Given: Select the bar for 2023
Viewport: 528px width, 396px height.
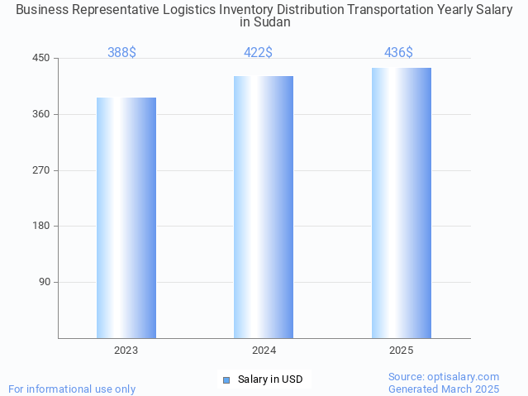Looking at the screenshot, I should [126, 217].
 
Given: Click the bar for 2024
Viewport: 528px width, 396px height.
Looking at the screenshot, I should [264, 207].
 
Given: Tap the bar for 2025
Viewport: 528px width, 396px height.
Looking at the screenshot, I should [401, 203].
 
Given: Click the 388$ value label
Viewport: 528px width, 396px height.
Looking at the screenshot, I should [121, 52].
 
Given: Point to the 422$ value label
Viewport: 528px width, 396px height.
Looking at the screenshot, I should [258, 52].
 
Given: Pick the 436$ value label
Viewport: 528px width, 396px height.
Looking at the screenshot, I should [398, 52].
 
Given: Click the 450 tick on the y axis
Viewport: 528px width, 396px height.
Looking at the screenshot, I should [41, 58].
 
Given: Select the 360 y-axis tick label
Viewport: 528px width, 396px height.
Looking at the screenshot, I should [41, 114].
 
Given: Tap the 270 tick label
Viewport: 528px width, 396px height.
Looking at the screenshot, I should [41, 170].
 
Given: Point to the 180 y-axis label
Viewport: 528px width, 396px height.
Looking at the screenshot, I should [41, 226].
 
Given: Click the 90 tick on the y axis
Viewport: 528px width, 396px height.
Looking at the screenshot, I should [44, 282].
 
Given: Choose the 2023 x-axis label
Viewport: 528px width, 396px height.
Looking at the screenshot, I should [126, 351].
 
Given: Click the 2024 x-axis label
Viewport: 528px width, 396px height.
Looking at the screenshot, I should [264, 351].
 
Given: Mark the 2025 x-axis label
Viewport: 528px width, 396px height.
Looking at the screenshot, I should [401, 351].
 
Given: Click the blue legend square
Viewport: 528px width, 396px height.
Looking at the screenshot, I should [226, 380].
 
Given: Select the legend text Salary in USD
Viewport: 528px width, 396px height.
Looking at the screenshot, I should [270, 379].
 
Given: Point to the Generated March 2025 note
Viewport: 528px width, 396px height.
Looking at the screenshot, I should [444, 389].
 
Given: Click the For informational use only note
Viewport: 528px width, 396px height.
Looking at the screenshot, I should [72, 389].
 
